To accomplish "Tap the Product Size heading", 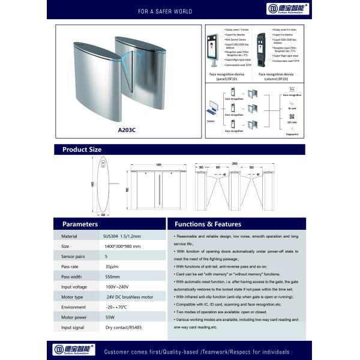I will tap(82, 149).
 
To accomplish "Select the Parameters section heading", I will tap(80, 224).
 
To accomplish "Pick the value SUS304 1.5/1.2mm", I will tap(125, 237).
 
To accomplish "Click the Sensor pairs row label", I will tap(73, 256).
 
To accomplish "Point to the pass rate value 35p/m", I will tap(111, 266).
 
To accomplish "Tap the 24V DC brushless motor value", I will tap(130, 297).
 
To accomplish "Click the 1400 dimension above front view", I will tap(158, 164).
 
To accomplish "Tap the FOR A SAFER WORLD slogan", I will tap(148, 11).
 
